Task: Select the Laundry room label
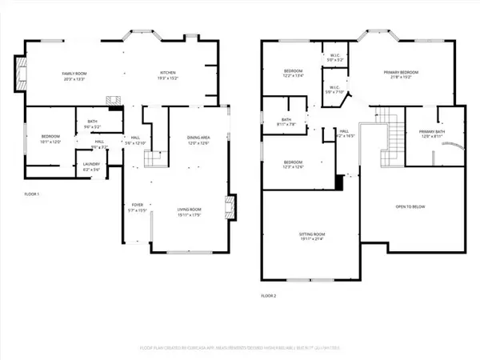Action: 91,166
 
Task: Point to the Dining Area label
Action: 198,139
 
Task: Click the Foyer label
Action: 138,207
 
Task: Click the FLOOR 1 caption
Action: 31,194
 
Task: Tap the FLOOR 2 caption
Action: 268,295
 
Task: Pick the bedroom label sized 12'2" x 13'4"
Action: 294,74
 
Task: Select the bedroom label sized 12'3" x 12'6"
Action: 294,165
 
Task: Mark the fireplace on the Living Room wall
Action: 230,207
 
